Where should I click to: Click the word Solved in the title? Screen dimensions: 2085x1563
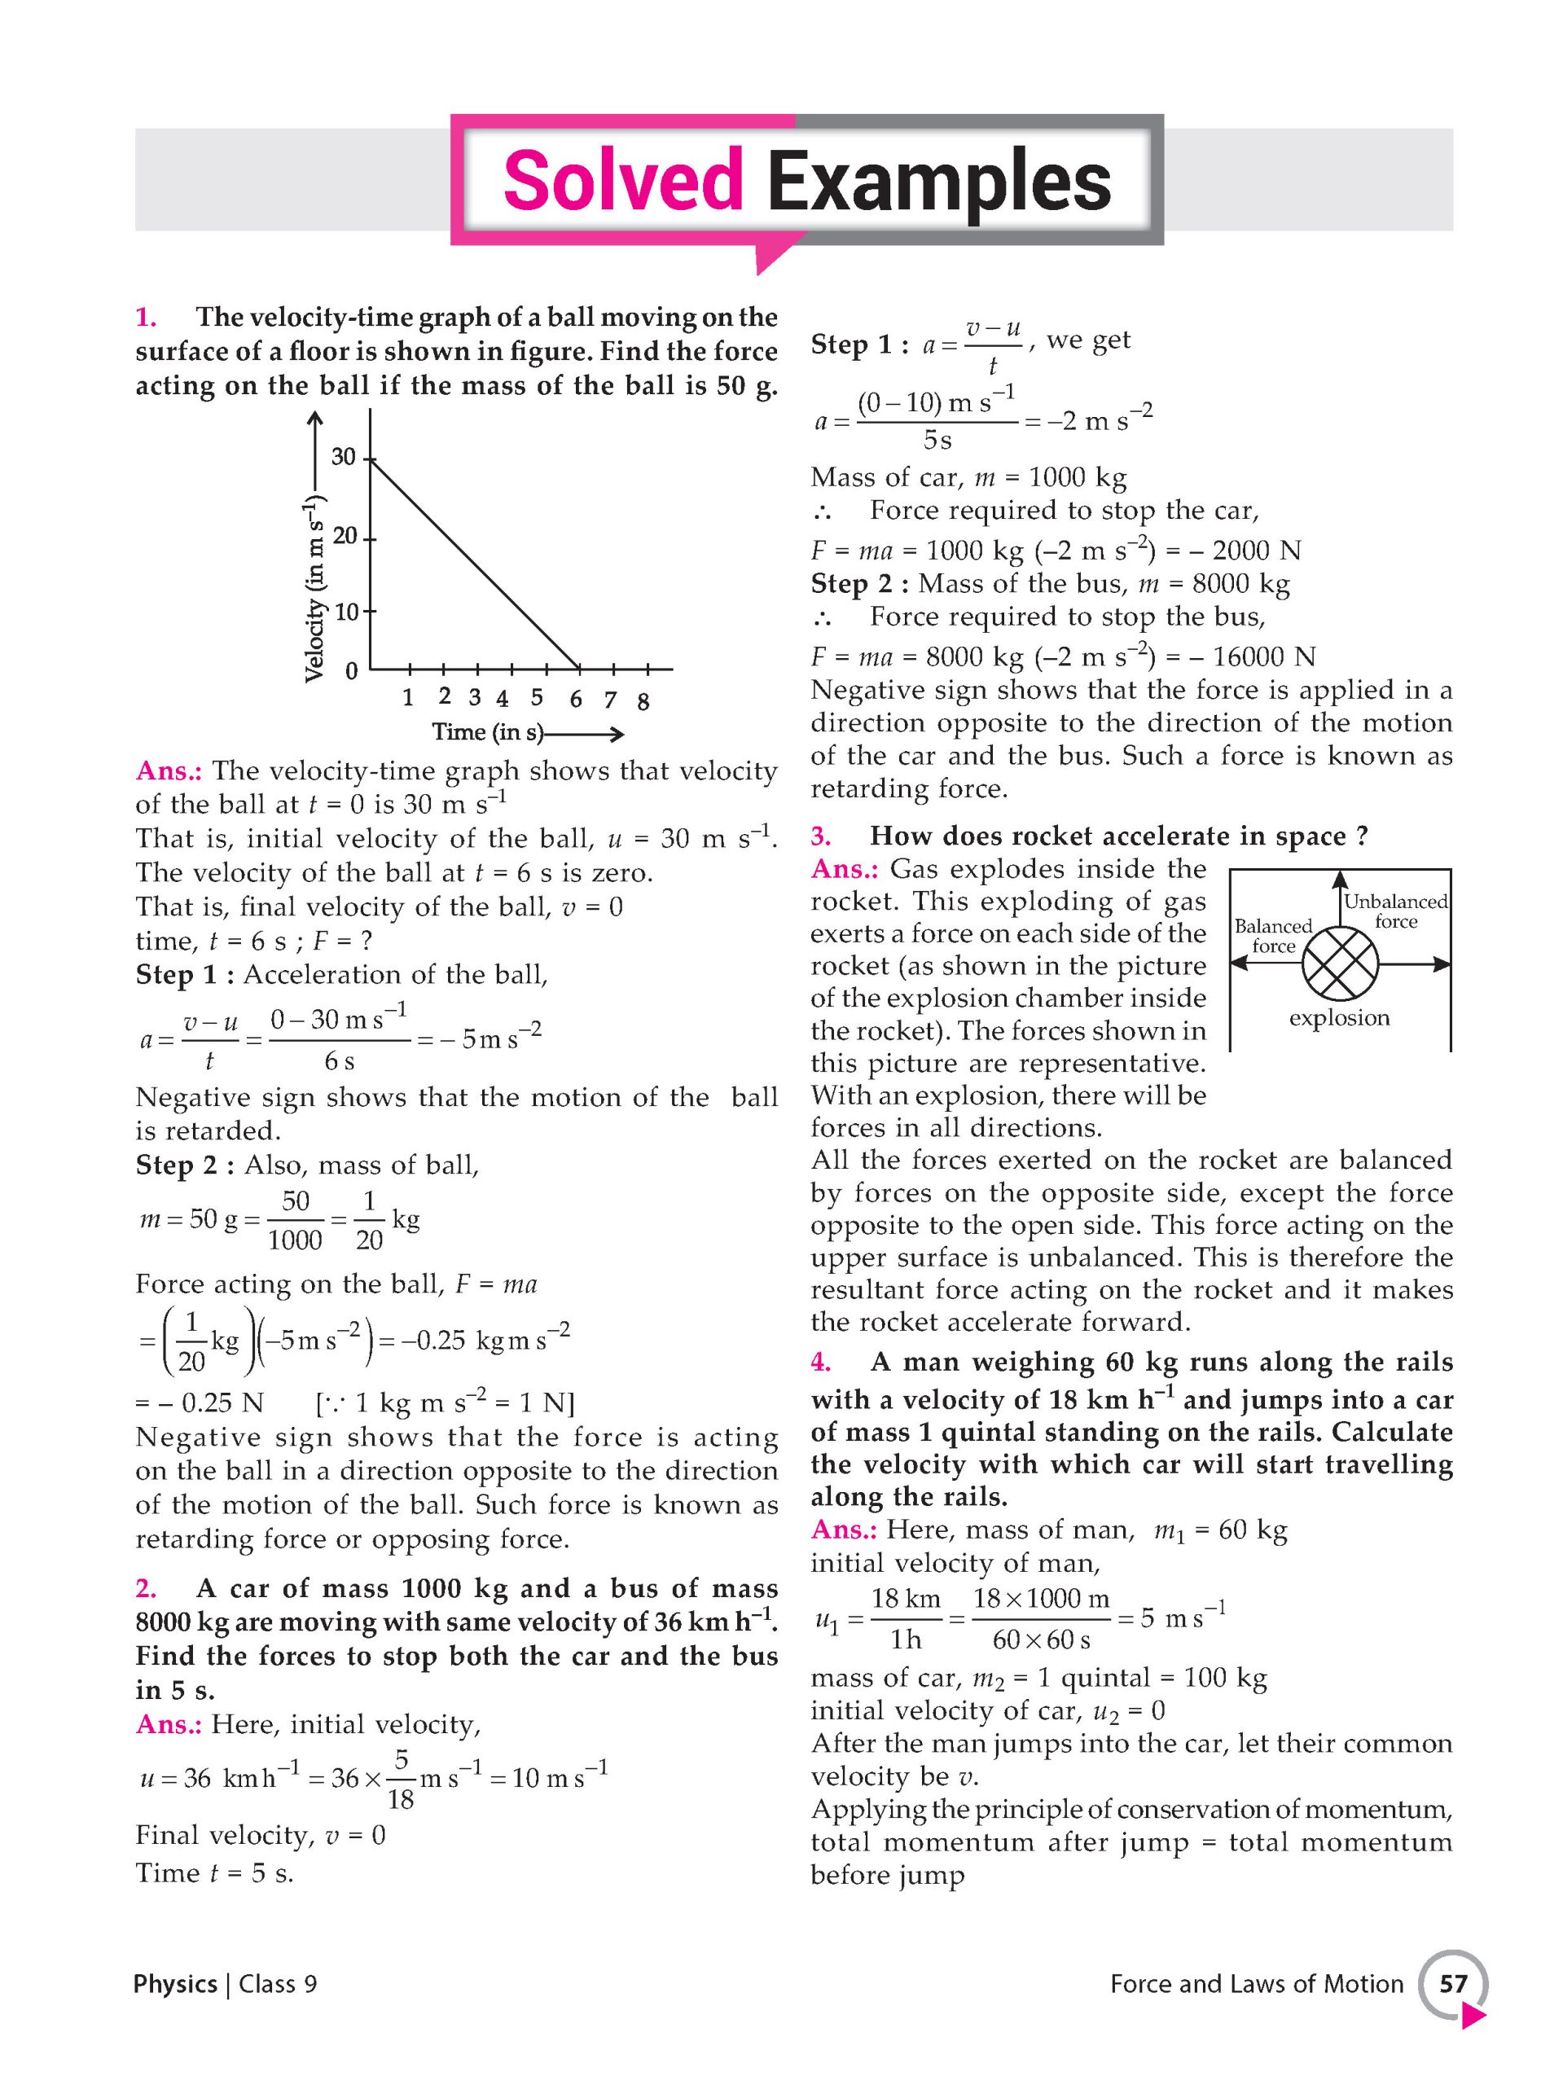(622, 180)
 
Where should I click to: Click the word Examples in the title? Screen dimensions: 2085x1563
(938, 180)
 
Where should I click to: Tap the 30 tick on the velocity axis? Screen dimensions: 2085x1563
(344, 457)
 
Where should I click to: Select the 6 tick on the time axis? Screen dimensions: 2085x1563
(575, 699)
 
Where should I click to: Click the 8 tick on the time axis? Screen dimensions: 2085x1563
(643, 700)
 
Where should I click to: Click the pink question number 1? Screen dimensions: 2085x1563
(145, 318)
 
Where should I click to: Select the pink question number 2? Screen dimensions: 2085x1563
(145, 1588)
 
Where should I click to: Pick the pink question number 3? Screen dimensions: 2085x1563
(820, 836)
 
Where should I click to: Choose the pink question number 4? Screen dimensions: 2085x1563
(820, 1362)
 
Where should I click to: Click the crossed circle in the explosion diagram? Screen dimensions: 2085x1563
(1340, 963)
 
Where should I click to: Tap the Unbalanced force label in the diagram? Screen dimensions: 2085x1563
(1395, 911)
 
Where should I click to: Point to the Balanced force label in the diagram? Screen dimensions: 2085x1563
(1274, 936)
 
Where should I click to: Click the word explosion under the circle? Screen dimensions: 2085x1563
(1339, 1018)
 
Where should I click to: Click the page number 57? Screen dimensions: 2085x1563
(1453, 1984)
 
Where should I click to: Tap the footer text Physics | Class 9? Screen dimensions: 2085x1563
(226, 1984)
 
